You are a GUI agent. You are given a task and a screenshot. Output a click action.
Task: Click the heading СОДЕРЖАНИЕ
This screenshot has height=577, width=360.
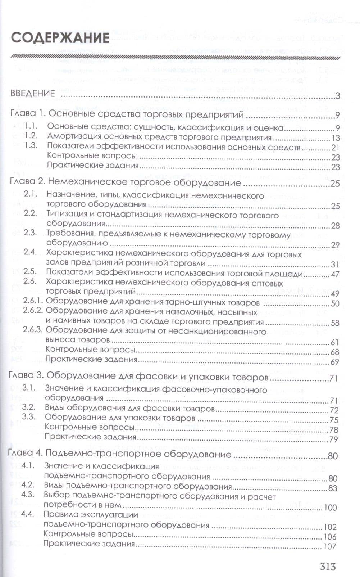(60, 37)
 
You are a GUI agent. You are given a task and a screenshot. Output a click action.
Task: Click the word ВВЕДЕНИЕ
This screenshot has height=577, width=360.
(33, 94)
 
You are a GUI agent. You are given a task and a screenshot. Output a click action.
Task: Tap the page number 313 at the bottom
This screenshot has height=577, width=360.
(328, 566)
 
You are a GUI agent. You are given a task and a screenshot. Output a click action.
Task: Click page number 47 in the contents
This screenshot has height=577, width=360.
(335, 274)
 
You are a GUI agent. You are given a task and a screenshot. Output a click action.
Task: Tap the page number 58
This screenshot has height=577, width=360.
(335, 323)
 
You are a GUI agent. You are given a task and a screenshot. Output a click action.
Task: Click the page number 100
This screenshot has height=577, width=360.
(330, 508)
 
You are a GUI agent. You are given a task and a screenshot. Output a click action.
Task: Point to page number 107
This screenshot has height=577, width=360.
(329, 546)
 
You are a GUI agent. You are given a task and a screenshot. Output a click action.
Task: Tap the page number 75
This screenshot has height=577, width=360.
(334, 420)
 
